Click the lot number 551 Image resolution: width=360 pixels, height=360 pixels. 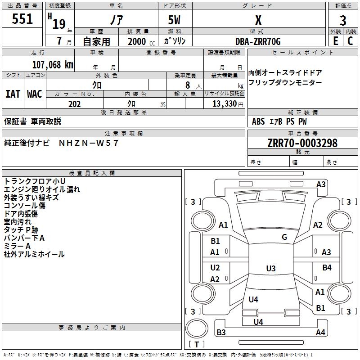point(22,19)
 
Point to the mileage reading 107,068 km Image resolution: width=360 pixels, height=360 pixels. point(53,64)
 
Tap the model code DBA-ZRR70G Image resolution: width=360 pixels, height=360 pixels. point(258,41)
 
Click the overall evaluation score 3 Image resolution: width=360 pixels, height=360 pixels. point(343,20)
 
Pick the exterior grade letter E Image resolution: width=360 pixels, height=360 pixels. point(335,41)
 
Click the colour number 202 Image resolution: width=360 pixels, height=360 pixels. point(75,104)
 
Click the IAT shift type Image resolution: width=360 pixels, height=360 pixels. point(13,94)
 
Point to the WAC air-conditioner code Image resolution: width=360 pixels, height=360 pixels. point(35,94)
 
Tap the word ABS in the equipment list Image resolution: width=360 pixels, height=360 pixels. point(258,121)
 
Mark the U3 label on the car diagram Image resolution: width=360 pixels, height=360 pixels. point(270,269)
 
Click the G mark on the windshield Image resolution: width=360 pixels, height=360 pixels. point(284,237)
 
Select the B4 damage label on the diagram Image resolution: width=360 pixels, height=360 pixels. point(327,268)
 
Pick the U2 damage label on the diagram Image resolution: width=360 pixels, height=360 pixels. point(215,268)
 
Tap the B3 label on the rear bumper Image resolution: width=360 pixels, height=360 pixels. point(221,333)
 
